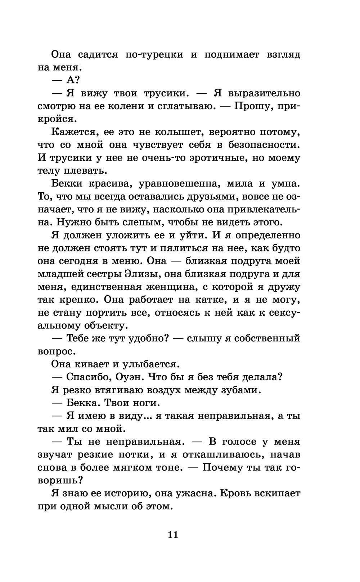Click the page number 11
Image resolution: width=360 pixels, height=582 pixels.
(x=173, y=534)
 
